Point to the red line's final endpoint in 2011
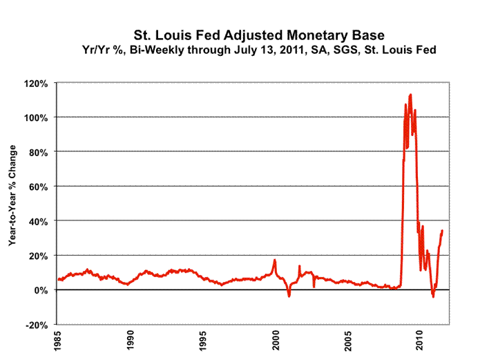(442, 231)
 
